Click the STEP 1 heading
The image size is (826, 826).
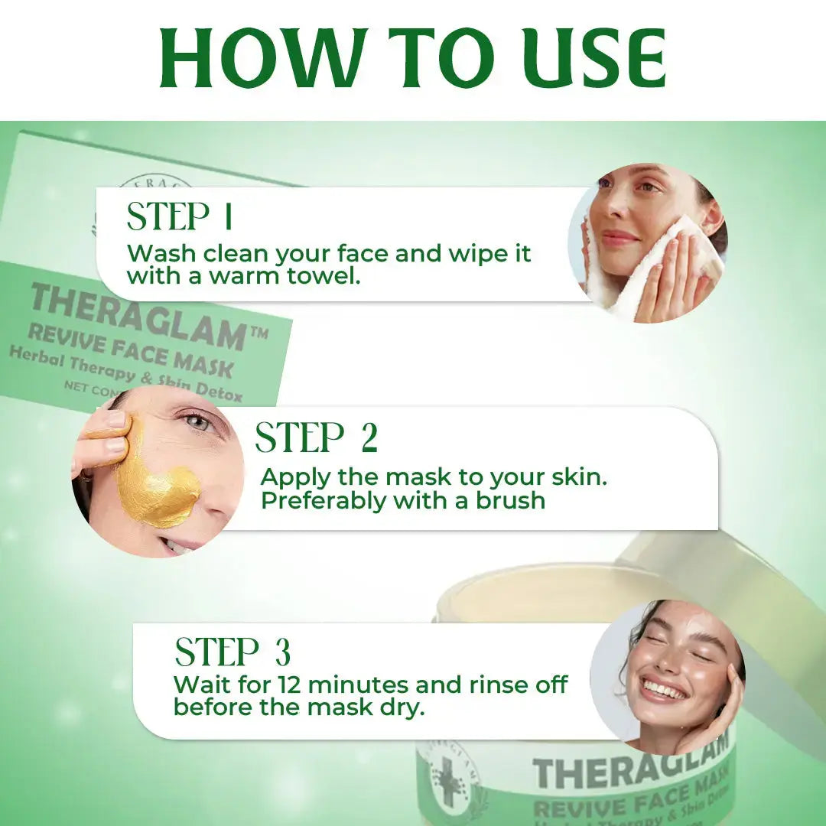coord(180,217)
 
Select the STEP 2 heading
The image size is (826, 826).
coord(316,438)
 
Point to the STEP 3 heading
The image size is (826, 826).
coord(233,652)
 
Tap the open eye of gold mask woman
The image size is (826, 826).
coord(197,421)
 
